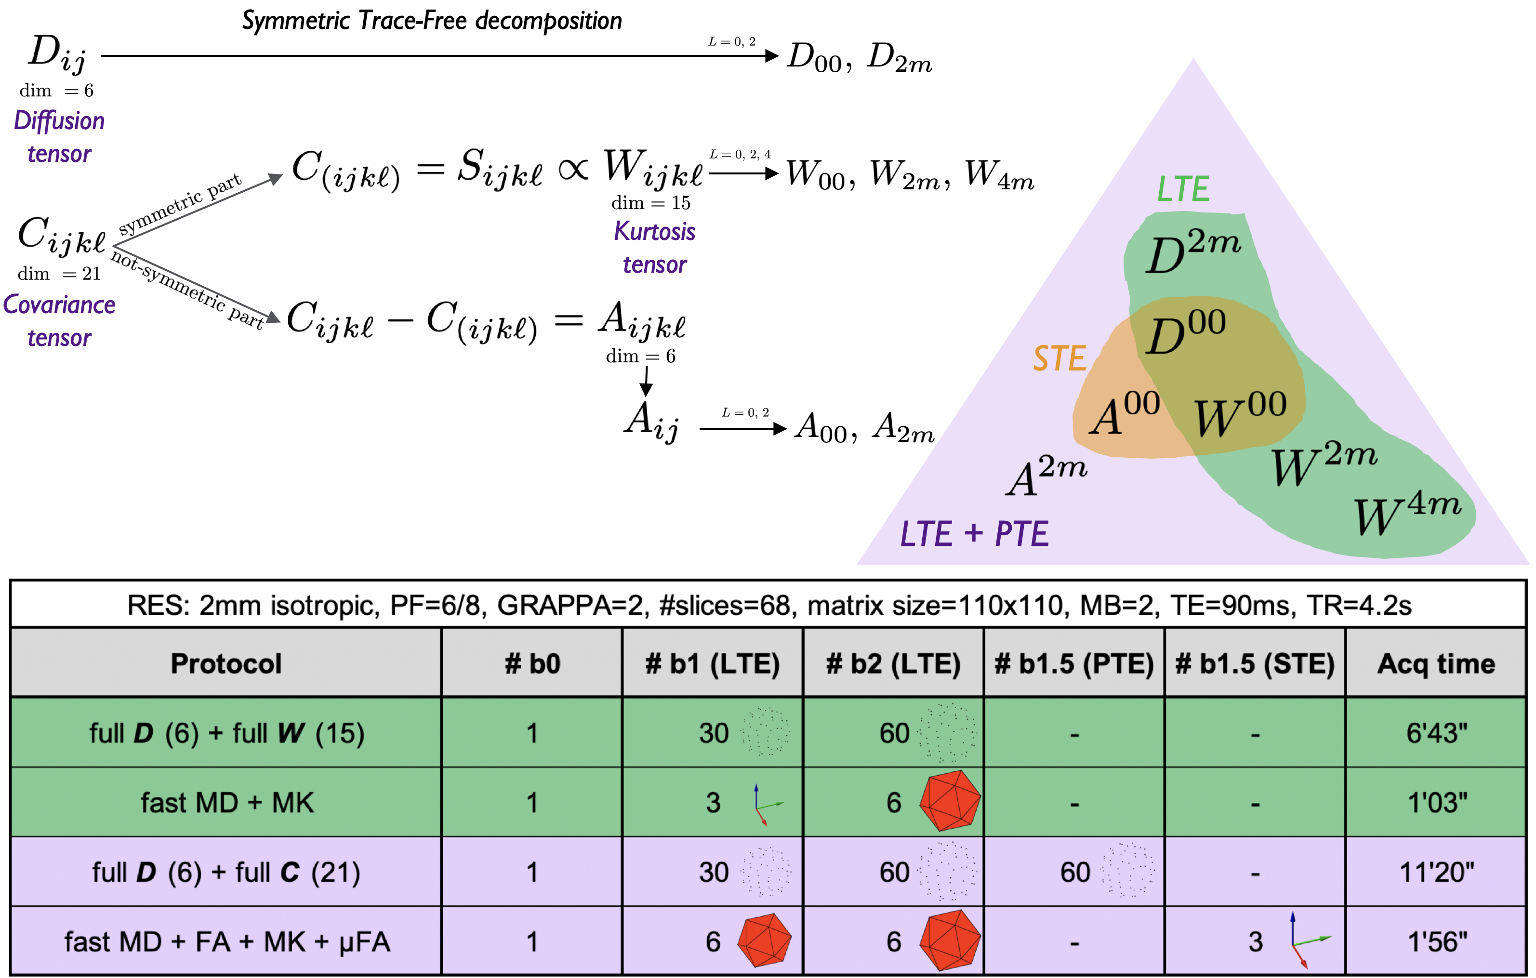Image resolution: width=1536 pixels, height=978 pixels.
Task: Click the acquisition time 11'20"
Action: click(1436, 872)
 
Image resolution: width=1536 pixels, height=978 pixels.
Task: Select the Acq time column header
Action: click(1436, 663)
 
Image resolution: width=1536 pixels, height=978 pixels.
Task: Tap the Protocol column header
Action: click(226, 663)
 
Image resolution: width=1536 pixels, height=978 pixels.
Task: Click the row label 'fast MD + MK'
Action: click(227, 803)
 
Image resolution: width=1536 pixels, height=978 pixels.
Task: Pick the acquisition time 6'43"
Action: click(1436, 733)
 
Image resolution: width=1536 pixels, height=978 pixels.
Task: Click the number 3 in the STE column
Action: click(1255, 942)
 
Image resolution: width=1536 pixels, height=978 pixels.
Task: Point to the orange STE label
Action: click(1059, 358)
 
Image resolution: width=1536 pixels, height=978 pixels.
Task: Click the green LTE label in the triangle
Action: click(1183, 189)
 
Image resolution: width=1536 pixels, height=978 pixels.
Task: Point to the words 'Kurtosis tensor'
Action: click(654, 248)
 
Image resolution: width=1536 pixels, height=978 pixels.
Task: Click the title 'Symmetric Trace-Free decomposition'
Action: click(432, 21)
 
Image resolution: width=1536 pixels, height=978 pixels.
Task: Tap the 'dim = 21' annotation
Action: click(59, 274)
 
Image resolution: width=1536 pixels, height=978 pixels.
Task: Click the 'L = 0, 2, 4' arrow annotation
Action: click(740, 154)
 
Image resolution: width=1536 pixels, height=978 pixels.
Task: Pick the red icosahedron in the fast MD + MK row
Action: click(950, 801)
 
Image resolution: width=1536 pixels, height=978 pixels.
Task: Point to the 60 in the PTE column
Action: click(1075, 872)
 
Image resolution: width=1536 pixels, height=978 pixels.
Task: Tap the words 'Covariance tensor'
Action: click(59, 321)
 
